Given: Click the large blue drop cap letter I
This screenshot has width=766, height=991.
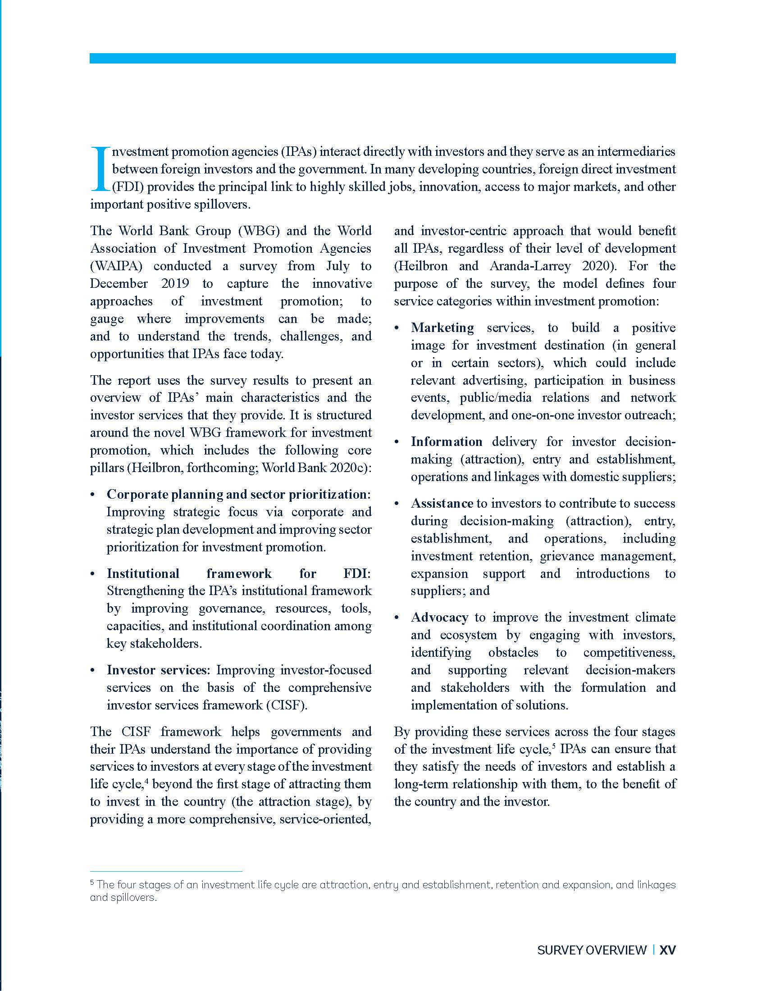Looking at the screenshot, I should click(x=100, y=168).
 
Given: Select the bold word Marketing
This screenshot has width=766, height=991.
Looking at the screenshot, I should click(x=442, y=327).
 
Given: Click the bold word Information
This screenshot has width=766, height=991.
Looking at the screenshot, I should click(x=447, y=441).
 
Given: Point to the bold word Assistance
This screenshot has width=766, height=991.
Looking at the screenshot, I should click(x=442, y=503).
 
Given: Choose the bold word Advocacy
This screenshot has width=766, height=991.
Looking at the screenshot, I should click(x=439, y=617).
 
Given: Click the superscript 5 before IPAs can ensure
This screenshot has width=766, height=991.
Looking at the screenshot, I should click(x=554, y=746).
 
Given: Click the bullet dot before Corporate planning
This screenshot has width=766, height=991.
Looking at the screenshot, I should click(x=93, y=495).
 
